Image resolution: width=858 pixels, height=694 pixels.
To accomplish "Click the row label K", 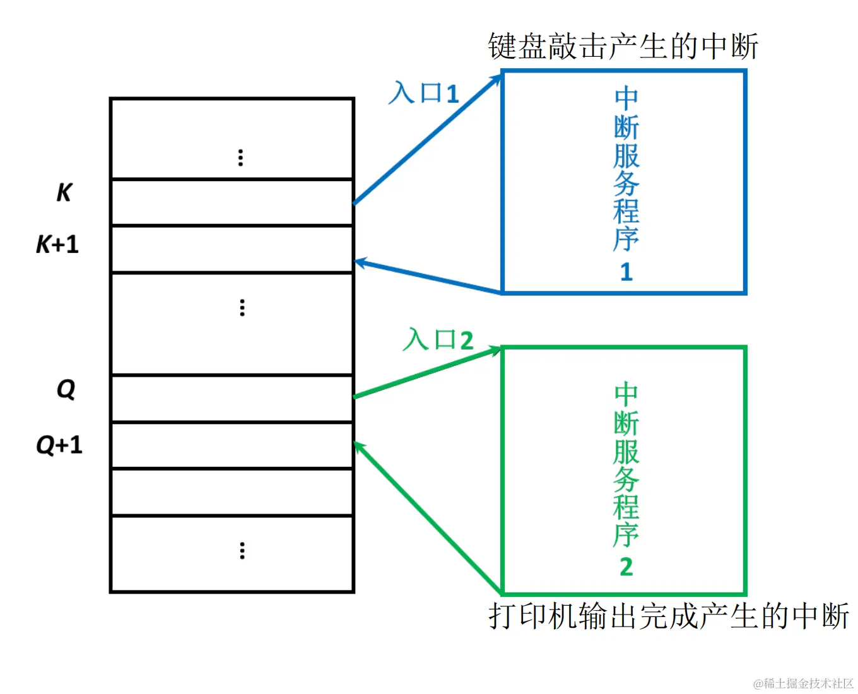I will (x=64, y=192).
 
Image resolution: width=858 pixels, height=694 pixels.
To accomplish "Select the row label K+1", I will (x=57, y=244).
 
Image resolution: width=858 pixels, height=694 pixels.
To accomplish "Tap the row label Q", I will (x=66, y=389).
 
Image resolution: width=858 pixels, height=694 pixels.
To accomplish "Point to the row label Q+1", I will (x=59, y=445).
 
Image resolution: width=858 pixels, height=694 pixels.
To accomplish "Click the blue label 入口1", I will (x=423, y=93).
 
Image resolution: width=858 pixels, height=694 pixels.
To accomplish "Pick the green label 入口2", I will (x=438, y=340).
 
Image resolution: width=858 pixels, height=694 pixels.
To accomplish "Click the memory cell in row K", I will (x=232, y=203).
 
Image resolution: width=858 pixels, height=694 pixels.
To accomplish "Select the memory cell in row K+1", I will (x=232, y=249).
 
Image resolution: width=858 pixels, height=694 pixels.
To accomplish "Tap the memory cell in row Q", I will (x=232, y=399).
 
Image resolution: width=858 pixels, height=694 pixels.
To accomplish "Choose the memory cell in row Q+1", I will (x=232, y=445).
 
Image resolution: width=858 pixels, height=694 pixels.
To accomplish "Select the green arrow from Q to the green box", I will (x=427, y=373).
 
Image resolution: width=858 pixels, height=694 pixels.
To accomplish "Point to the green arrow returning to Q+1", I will (x=428, y=517).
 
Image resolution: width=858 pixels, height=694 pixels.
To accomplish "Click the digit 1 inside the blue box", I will (x=626, y=272).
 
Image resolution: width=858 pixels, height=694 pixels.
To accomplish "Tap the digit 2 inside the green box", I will (x=626, y=567).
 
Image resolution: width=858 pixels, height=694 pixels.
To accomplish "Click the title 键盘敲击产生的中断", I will (x=623, y=47).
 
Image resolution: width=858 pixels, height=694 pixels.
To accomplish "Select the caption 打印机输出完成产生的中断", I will (x=669, y=616).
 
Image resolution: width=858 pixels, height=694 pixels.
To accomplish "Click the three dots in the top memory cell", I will (x=240, y=158).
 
